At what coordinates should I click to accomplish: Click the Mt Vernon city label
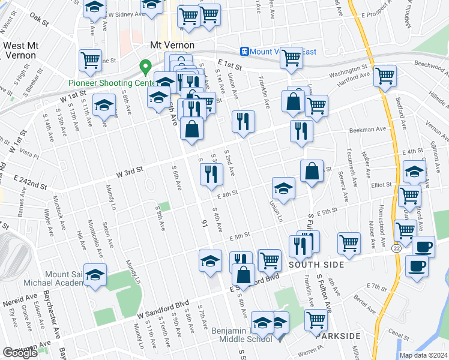172,46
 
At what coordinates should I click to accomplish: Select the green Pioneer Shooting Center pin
145,66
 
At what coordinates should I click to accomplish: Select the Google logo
20,352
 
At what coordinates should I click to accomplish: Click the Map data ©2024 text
423,355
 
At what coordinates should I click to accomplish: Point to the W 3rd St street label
129,172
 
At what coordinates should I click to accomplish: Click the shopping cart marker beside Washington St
384,76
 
